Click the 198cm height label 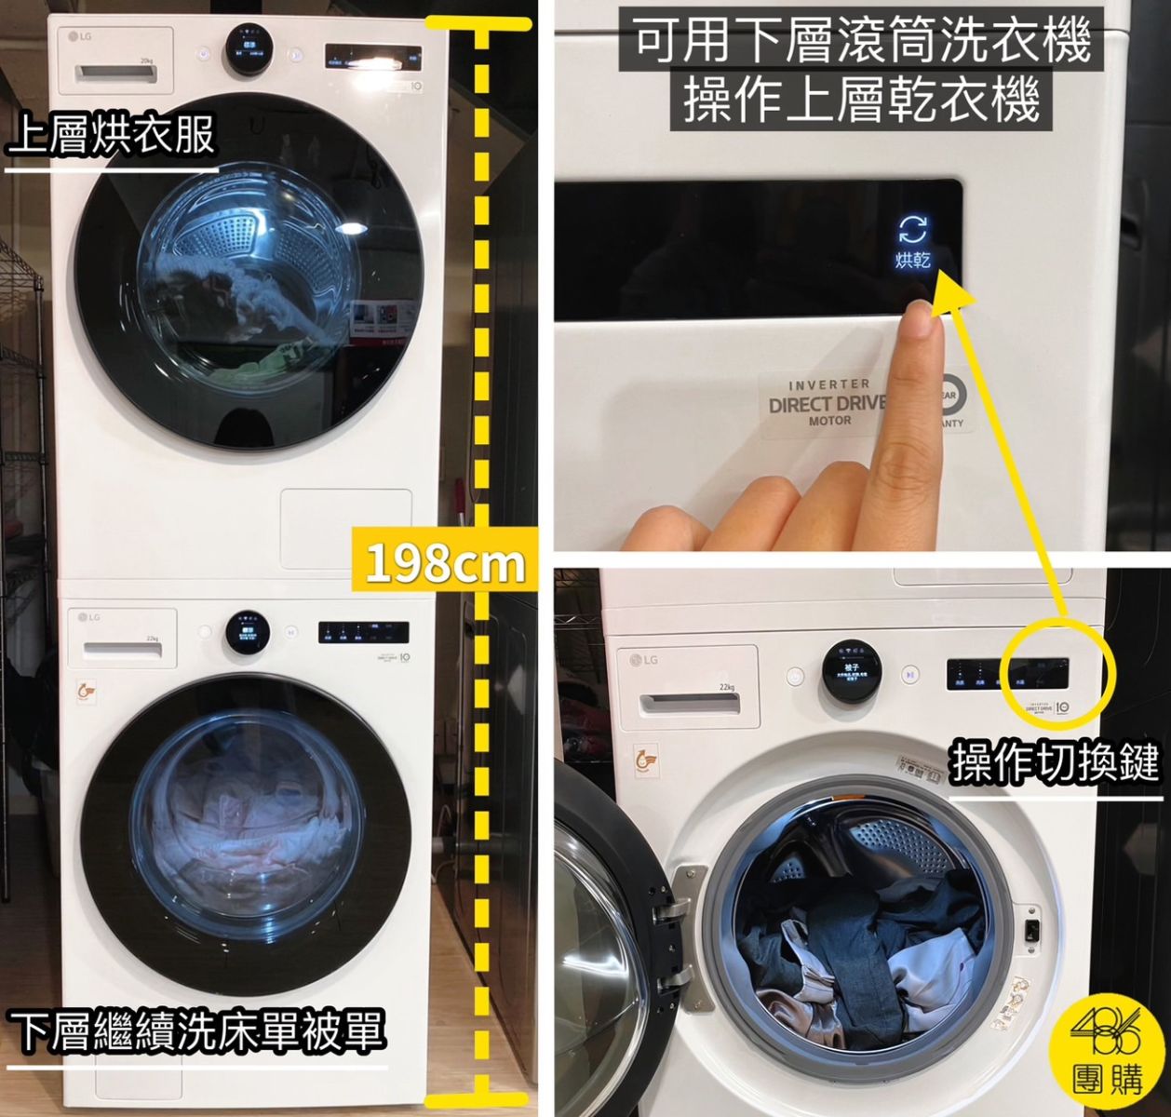[444, 561]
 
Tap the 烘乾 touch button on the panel [912, 242]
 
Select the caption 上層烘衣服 [112, 136]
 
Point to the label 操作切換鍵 [1055, 764]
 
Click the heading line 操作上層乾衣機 [861, 101]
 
